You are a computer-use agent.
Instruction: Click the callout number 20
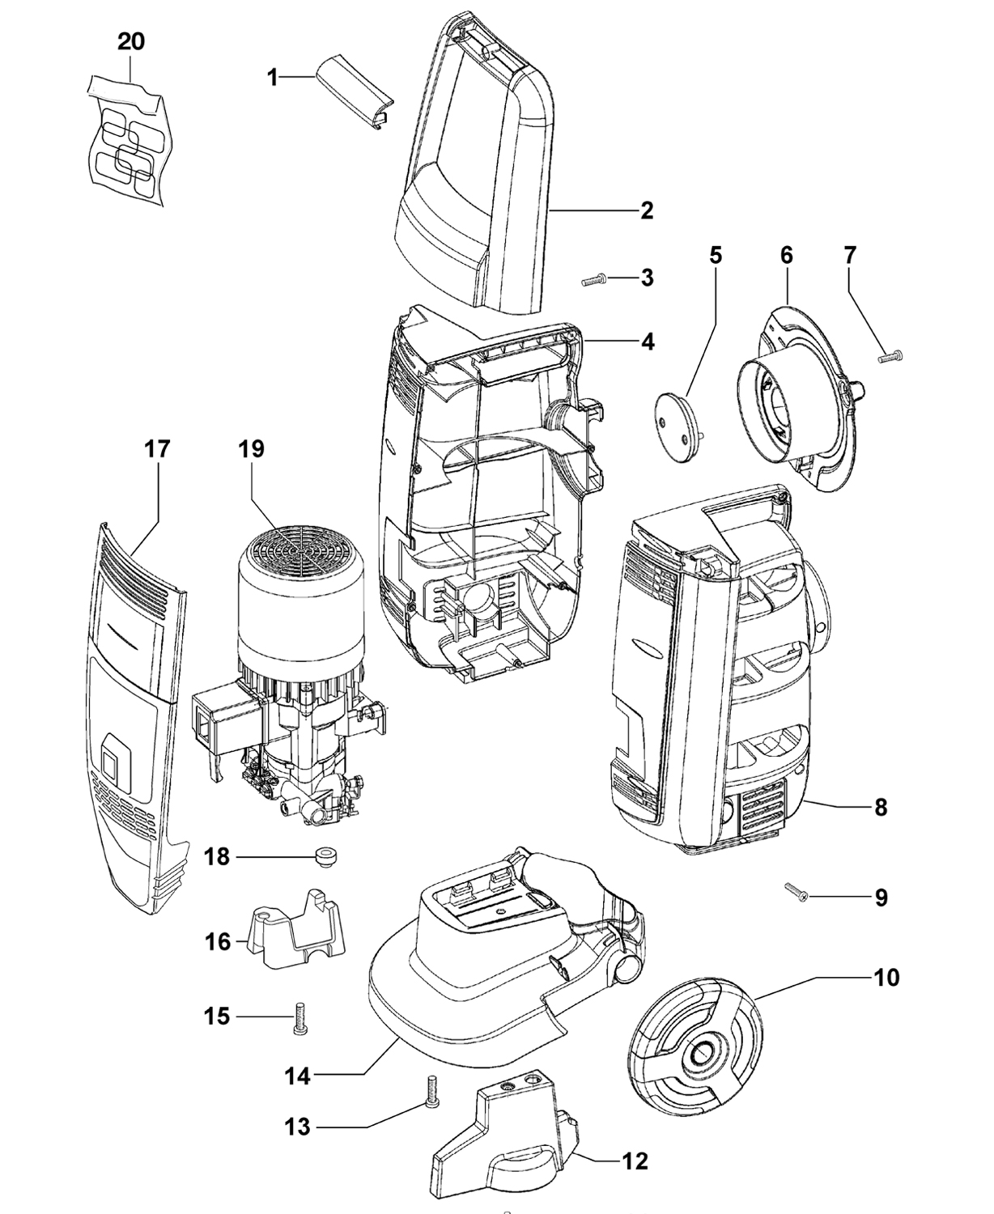click(131, 42)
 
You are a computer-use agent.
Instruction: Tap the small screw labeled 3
click(594, 280)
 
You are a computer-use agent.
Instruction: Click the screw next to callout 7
click(890, 357)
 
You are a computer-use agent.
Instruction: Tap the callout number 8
click(881, 807)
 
